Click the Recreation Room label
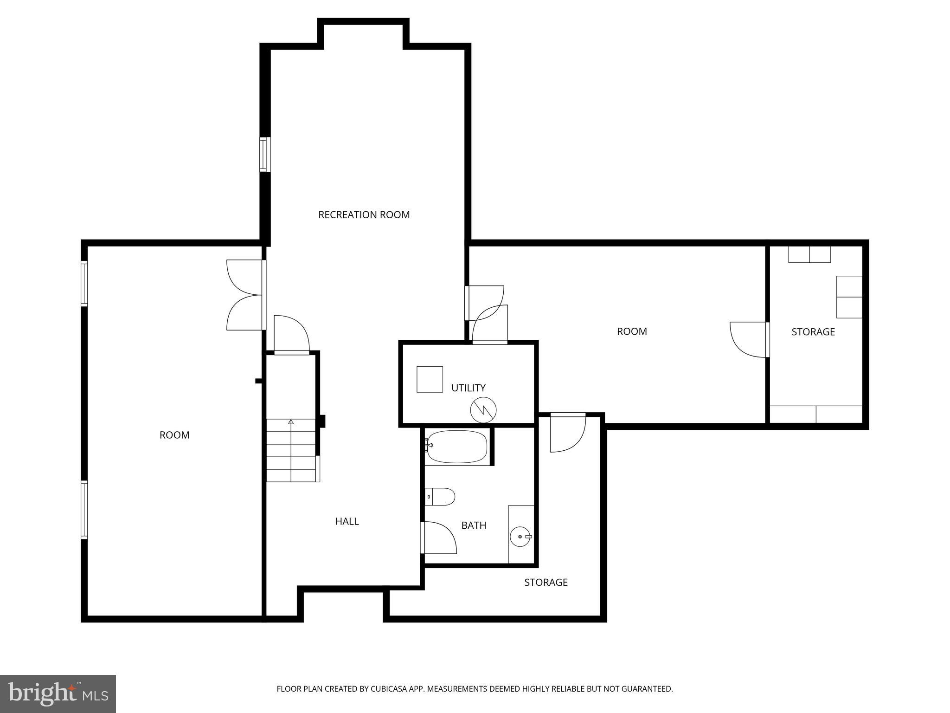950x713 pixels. point(364,214)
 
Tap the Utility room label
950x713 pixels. point(468,388)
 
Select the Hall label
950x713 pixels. point(347,521)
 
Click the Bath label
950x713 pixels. point(474,525)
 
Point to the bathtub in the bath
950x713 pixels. point(456,447)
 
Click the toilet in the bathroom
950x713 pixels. point(440,496)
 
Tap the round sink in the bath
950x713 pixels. point(520,537)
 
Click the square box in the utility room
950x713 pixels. point(430,379)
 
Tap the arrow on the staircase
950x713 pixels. point(291,422)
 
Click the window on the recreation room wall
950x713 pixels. point(264,154)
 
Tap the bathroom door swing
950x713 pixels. point(439,538)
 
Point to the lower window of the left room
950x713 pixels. point(84,510)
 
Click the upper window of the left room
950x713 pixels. point(84,283)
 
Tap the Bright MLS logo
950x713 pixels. point(58,694)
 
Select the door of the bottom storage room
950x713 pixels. point(567,433)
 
